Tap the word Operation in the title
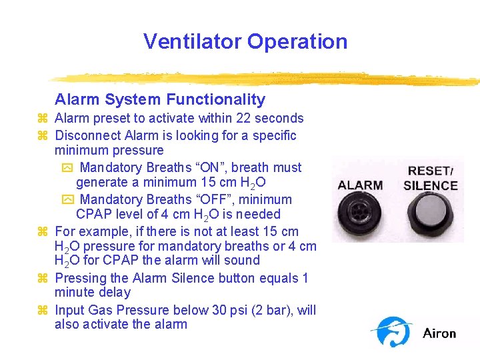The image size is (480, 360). (x=297, y=41)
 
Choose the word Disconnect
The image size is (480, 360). (x=87, y=136)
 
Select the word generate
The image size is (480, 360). (x=104, y=182)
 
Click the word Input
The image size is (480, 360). (x=69, y=310)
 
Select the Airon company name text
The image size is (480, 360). (x=439, y=333)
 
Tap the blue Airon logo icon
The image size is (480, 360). (x=394, y=331)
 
